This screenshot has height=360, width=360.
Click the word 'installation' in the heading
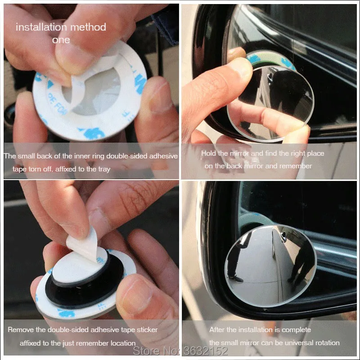point(41,27)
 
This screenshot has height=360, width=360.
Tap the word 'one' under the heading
point(61,40)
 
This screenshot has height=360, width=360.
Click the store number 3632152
point(206,351)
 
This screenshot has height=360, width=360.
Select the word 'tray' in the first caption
point(104,170)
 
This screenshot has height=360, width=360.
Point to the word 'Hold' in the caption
point(208,153)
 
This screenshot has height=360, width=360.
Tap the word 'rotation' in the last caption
point(328,343)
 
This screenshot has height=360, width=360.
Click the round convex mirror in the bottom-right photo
point(271,265)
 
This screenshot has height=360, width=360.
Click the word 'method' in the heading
point(88,27)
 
